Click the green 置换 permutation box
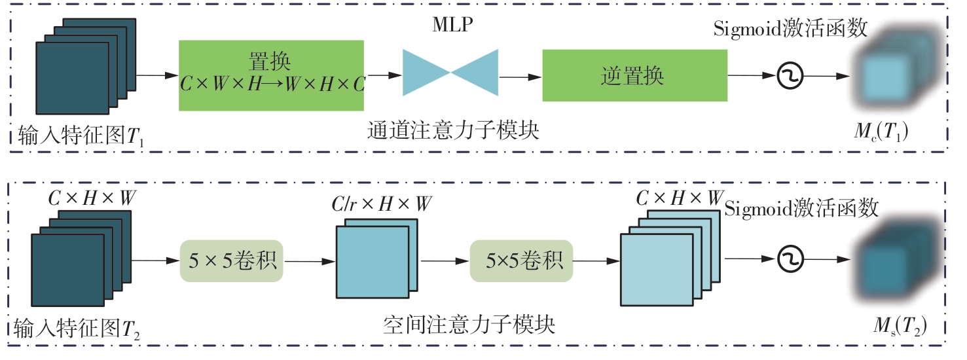(272, 75)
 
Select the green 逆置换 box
(634, 77)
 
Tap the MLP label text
(452, 25)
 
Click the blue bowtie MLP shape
(450, 72)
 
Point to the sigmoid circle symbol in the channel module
(790, 77)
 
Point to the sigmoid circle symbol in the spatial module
(789, 260)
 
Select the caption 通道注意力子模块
(453, 131)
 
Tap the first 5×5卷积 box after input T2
(231, 261)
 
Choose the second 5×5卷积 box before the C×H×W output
(520, 261)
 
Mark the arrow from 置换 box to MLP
(384, 75)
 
